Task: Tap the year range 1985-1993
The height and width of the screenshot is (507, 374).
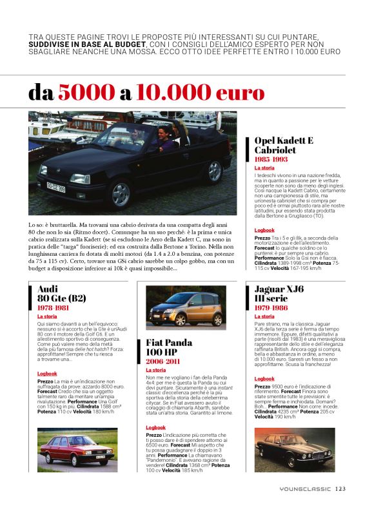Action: click(271, 158)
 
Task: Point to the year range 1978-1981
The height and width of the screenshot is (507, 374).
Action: click(54, 308)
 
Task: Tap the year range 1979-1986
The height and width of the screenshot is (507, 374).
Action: click(272, 308)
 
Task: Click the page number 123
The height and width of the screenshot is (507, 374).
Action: click(340, 488)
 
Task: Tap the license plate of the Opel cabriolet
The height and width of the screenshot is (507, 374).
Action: click(55, 188)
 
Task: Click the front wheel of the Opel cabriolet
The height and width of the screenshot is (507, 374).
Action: click(121, 193)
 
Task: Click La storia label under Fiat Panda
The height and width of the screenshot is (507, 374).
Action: click(155, 370)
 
